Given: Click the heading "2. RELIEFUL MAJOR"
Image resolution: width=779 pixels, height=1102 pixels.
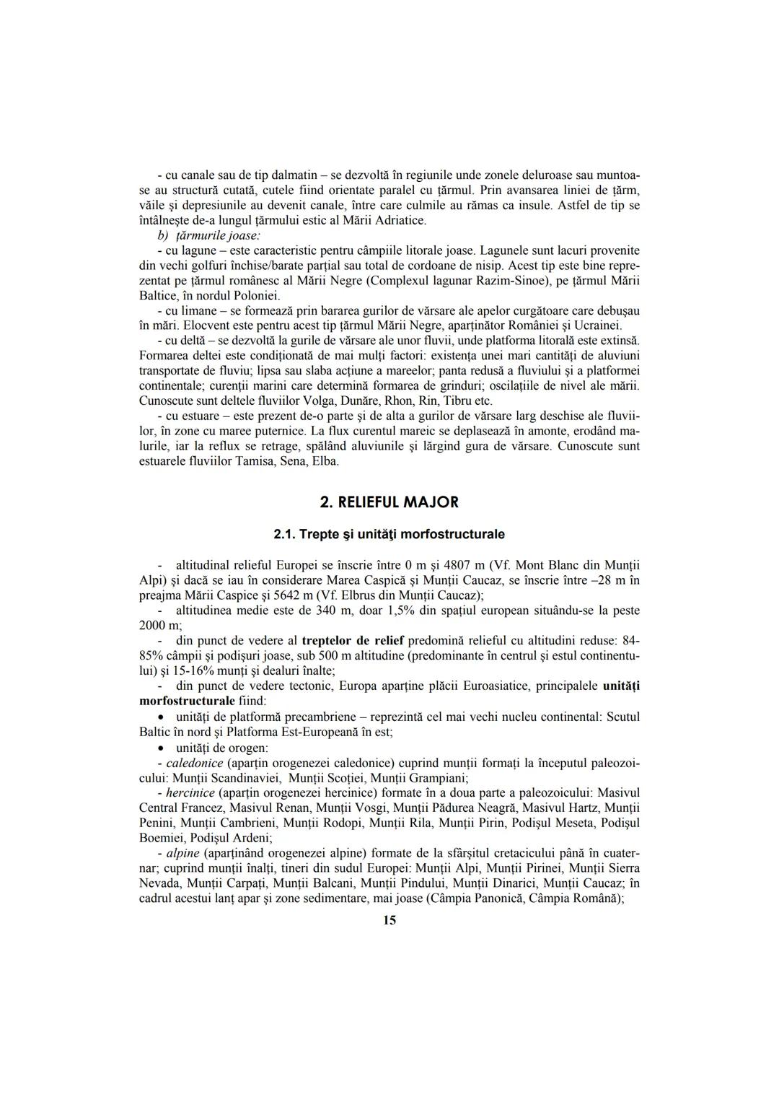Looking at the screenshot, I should [x=389, y=502].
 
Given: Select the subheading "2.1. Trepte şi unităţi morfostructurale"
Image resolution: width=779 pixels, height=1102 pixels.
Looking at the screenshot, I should [x=389, y=535].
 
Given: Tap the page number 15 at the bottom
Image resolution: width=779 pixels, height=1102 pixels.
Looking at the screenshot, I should [x=389, y=920].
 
